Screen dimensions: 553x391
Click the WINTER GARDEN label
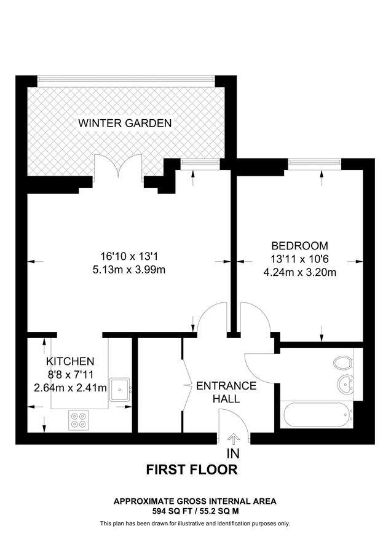(x=124, y=123)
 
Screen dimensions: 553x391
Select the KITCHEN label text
(x=70, y=361)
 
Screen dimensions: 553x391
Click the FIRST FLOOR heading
(x=191, y=470)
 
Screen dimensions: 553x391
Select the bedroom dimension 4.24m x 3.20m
(x=303, y=273)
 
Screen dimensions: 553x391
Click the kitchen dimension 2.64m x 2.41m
(x=70, y=388)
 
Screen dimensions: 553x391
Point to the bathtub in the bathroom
(x=316, y=415)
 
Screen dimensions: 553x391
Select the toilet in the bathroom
(x=342, y=362)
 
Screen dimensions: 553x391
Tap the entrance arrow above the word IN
(x=234, y=438)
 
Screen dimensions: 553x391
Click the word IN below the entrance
(x=233, y=454)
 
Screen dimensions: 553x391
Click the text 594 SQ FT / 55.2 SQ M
(x=195, y=511)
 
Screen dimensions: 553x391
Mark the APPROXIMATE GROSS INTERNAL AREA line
(x=195, y=501)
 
